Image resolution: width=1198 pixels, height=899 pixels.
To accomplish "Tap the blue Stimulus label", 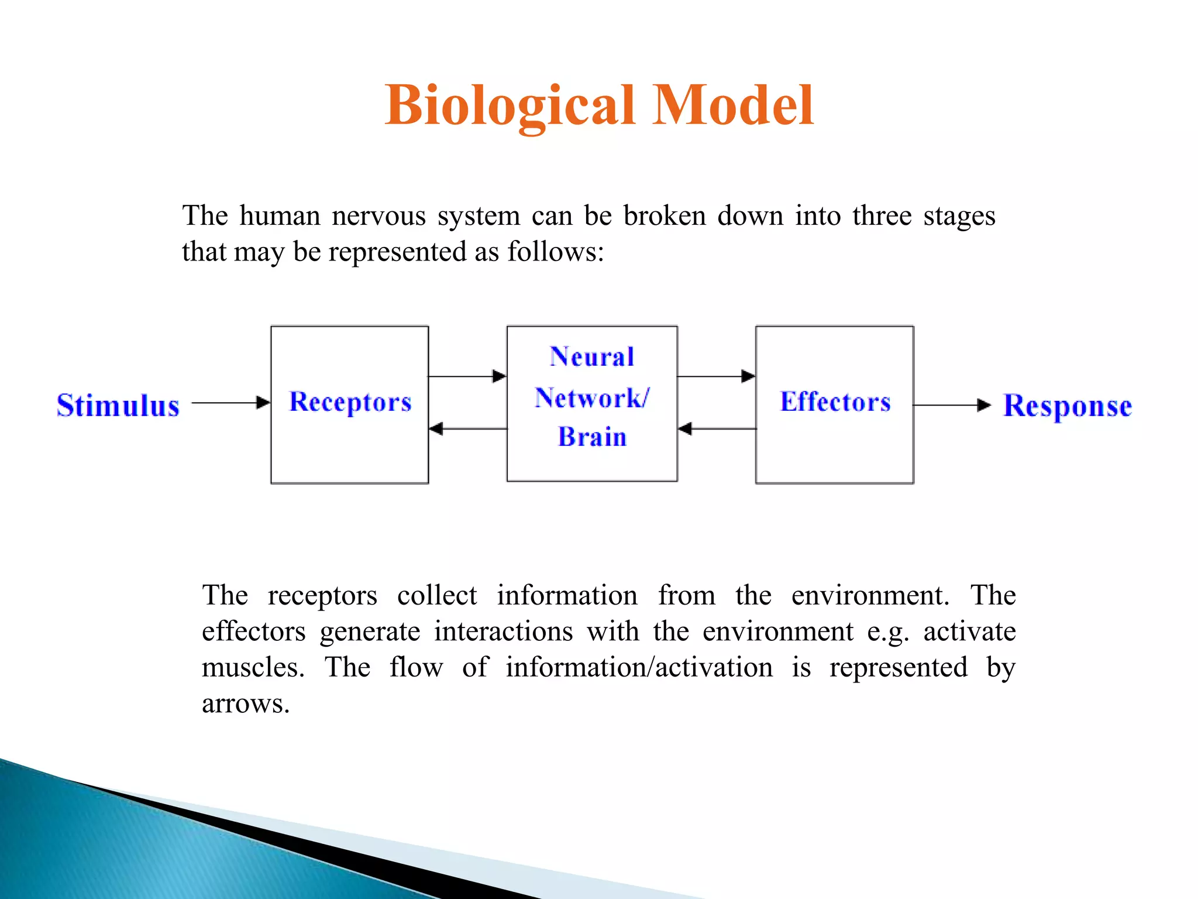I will pos(118,405).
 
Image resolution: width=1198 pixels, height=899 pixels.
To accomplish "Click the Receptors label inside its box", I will pos(350,402).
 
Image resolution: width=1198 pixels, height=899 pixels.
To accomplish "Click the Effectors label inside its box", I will pos(835,402).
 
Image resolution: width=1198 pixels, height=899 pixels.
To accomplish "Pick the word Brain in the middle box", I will pos(592,437).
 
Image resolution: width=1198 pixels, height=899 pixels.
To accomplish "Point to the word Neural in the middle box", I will pos(592,357).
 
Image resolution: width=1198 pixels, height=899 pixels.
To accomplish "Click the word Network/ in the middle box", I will pos(592,398).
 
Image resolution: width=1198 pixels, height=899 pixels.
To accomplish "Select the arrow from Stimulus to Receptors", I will pos(230,403).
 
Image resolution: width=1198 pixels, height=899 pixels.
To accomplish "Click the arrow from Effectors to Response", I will pos(951,405).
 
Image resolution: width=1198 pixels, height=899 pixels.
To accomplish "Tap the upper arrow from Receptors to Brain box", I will pos(467,376).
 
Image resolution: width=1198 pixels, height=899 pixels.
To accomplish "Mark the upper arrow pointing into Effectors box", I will pos(716,376).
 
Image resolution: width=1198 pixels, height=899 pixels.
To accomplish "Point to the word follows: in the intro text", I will pos(555,252).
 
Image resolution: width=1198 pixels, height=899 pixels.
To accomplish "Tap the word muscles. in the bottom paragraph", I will pos(253,667).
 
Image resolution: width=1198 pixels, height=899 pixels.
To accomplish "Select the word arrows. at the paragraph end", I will pos(246,704).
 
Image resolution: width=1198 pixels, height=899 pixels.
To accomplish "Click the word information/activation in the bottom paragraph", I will pos(639,667).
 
